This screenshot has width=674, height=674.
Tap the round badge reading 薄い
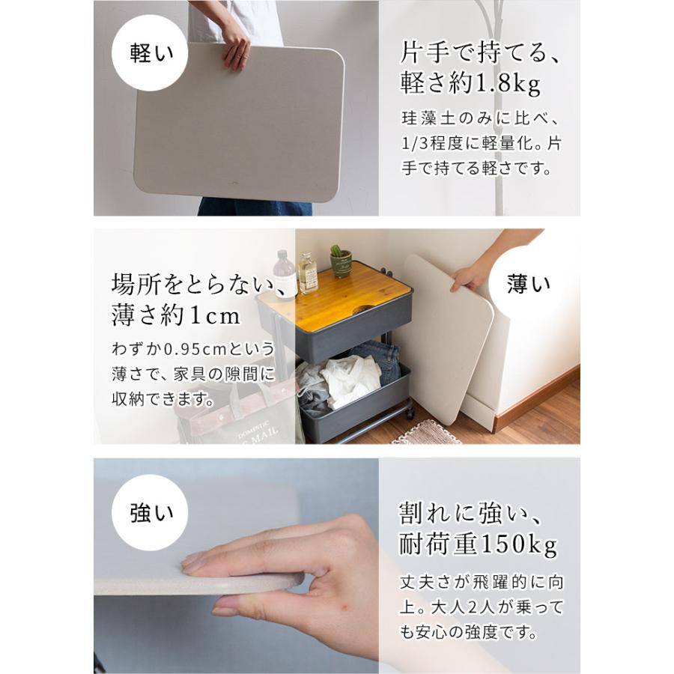tap(529, 283)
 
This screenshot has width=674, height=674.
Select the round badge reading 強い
tap(152, 513)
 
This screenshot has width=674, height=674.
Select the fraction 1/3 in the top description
tap(416, 143)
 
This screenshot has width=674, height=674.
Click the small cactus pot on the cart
tap(341, 261)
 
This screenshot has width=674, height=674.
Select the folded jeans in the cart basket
tap(378, 356)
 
